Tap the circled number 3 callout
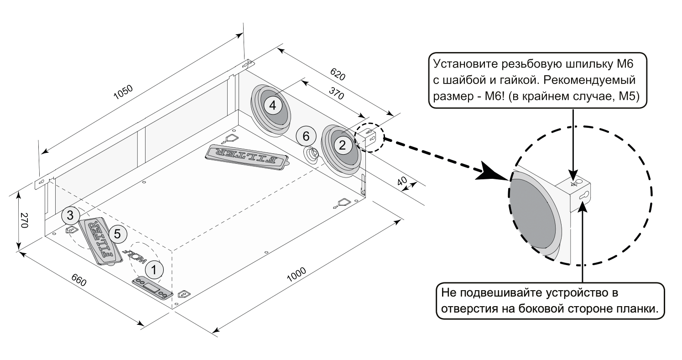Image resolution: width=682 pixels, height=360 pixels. [70, 214]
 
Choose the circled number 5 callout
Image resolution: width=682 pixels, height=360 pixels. [117, 234]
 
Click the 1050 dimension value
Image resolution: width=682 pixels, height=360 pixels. [123, 94]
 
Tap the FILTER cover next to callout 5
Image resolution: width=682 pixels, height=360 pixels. [101, 241]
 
